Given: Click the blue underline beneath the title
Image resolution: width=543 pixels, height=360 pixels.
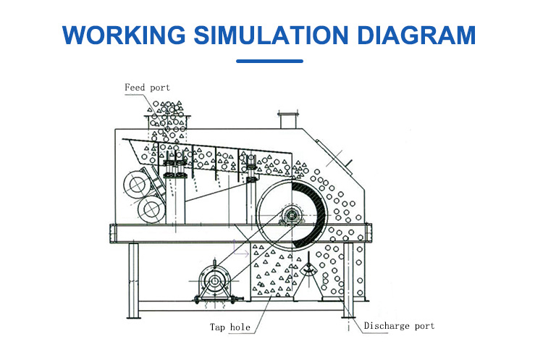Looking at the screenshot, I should pos(271,61).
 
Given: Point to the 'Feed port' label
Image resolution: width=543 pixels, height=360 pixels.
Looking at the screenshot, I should pos(147,88).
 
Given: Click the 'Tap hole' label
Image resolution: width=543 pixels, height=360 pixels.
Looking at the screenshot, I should pos(230,327).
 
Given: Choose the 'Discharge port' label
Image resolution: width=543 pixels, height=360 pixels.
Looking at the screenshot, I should pos(399,326).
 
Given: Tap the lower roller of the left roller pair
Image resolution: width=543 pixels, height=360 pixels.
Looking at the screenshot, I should pos(151,209).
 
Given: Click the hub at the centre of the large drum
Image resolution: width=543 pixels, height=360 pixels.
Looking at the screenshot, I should pos(290,215).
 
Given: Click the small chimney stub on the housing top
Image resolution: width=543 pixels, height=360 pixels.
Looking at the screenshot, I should pos(287,118).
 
